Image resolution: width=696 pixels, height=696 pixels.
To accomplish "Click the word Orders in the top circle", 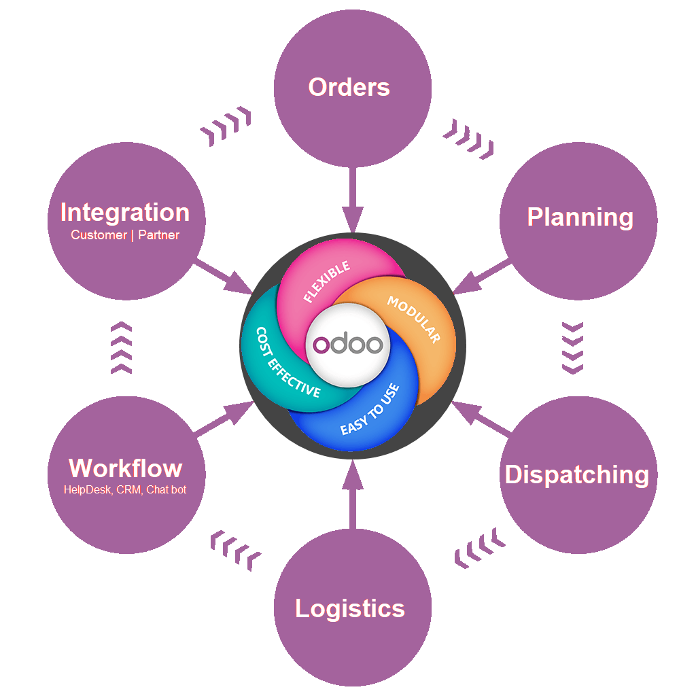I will [x=349, y=88].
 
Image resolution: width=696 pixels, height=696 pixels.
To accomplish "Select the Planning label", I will [x=580, y=217].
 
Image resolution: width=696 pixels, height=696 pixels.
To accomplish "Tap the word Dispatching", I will [x=577, y=474].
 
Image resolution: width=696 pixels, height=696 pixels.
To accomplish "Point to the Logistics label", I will [x=350, y=608].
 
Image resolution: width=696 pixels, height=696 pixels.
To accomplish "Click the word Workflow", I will [x=126, y=468].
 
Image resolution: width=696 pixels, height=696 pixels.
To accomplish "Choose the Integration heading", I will [x=125, y=213].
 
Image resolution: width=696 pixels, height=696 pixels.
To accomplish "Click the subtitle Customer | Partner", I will [x=125, y=235].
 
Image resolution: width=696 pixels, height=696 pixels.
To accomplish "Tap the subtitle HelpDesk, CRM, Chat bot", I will [x=125, y=489].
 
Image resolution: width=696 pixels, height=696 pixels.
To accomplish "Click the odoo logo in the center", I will [x=348, y=344].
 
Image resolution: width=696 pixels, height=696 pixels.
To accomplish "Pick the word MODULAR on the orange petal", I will [x=414, y=319].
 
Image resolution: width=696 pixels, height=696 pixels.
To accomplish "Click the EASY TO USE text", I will [x=370, y=410].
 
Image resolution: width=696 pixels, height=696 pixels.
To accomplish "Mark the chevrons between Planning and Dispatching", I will [x=573, y=347].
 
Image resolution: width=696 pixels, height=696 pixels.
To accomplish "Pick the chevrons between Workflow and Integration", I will [x=121, y=347].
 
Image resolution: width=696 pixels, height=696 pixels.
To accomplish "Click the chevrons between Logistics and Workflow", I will [x=235, y=549].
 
